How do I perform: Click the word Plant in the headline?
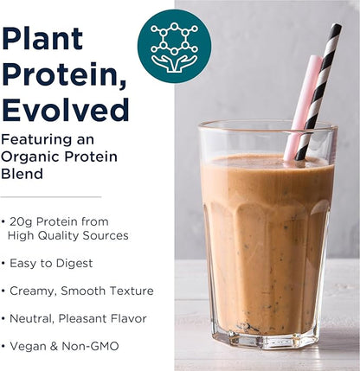pyautogui.click(x=43, y=39)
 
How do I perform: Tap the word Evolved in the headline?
pyautogui.click(x=66, y=110)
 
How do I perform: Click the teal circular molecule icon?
pyautogui.click(x=173, y=46)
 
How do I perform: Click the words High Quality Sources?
pyautogui.click(x=67, y=235)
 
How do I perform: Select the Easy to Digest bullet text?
pyautogui.click(x=52, y=263)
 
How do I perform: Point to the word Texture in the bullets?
pyautogui.click(x=131, y=291)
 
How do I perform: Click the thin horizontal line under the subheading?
pyautogui.click(x=51, y=197)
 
